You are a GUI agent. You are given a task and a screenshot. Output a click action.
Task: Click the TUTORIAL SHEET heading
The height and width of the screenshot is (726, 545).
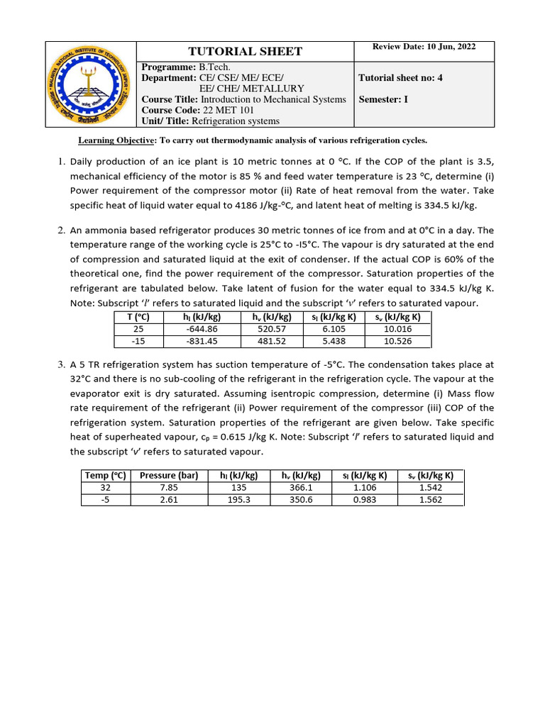click(244, 51)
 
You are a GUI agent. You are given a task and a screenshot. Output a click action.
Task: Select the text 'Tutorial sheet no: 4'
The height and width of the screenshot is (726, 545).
click(400, 78)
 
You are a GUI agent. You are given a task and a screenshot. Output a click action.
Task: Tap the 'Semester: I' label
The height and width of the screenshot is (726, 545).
click(384, 99)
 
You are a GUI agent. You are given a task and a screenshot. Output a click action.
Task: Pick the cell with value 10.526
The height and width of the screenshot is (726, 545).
click(397, 341)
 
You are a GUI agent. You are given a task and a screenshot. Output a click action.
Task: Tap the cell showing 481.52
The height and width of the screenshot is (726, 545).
click(270, 341)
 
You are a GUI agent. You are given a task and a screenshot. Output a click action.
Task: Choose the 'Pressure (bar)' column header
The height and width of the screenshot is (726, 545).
click(168, 476)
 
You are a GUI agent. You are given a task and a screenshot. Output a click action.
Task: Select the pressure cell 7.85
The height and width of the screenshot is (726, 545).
click(168, 488)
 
